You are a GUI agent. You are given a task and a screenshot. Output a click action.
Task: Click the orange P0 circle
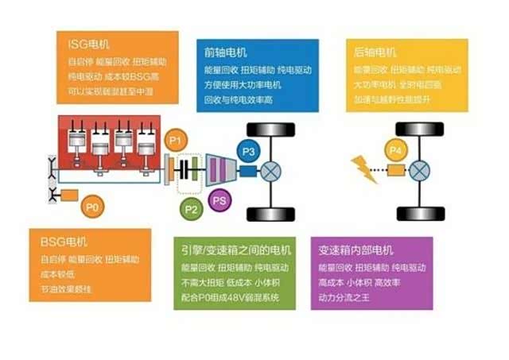pos(93,207)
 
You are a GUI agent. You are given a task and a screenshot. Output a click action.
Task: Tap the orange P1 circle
pos(178,141)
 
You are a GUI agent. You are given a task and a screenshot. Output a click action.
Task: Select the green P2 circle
pos(191,210)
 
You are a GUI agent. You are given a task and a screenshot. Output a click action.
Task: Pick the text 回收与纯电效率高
pos(238,100)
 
